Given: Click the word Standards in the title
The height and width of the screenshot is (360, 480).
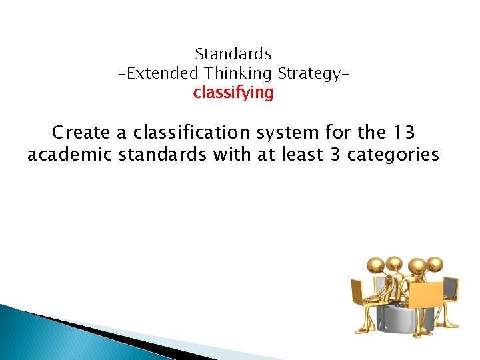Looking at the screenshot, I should [x=233, y=53].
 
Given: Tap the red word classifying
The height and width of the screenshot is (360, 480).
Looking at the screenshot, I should [x=233, y=93].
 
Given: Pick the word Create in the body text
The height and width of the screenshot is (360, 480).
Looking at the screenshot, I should [x=81, y=133].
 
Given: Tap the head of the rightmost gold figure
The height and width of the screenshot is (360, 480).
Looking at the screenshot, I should [x=434, y=265].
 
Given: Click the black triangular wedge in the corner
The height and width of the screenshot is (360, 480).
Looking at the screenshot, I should [x=93, y=333].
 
